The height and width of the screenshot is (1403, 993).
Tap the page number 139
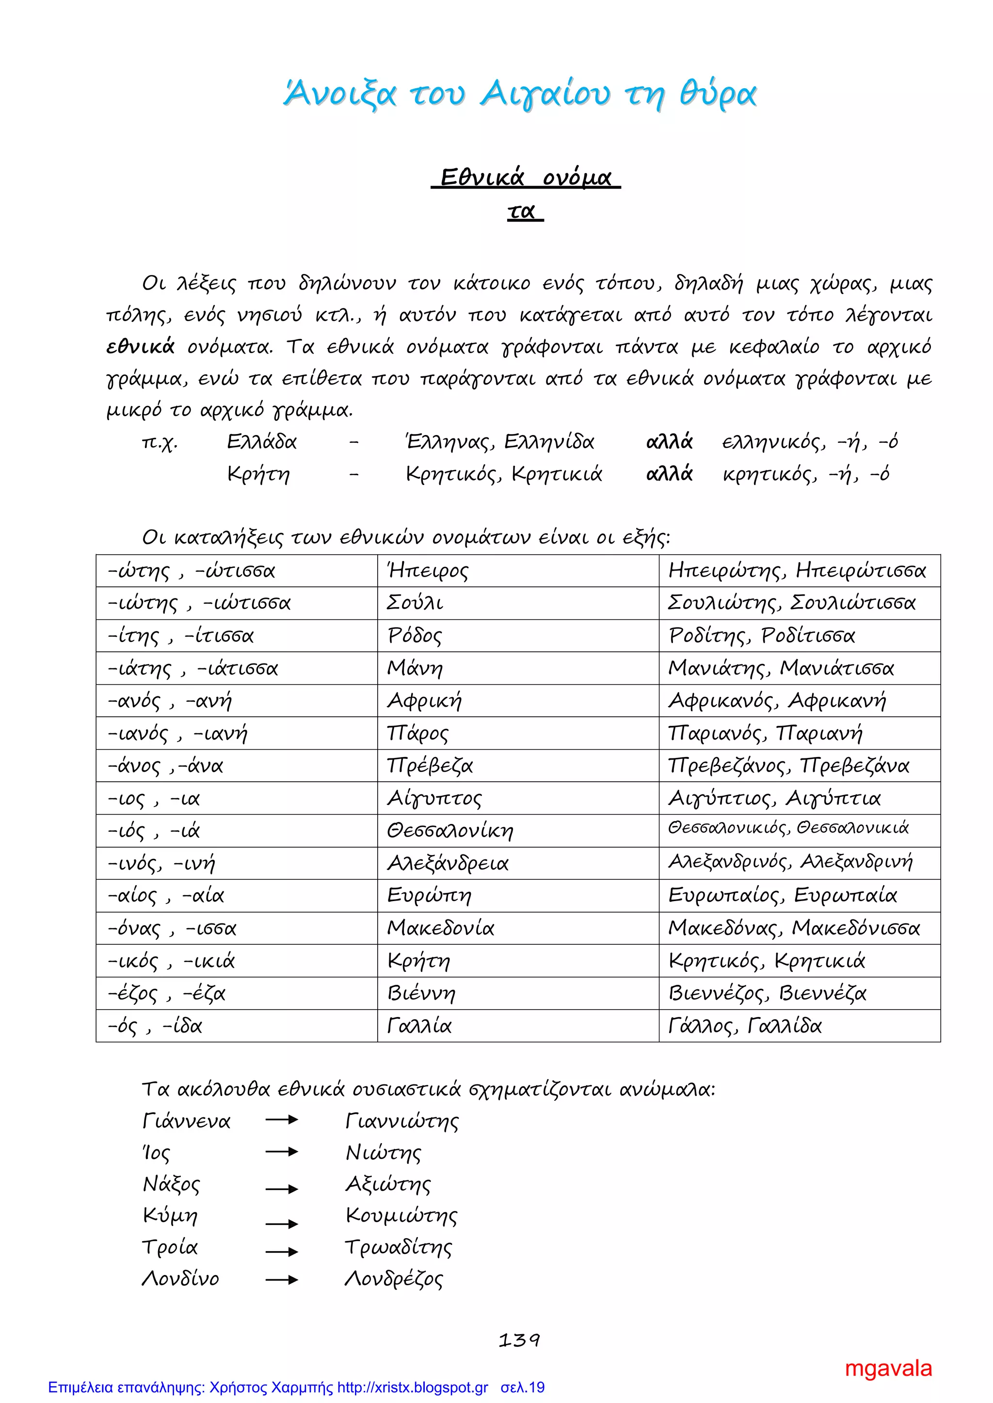(x=519, y=1340)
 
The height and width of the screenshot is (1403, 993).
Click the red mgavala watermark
(x=888, y=1368)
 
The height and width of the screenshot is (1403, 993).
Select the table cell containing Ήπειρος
(x=517, y=571)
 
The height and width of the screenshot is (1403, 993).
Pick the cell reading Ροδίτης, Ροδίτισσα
(x=799, y=635)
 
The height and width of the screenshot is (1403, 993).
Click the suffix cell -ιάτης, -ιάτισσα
(x=236, y=668)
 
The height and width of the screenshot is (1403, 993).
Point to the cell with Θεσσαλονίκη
(x=517, y=830)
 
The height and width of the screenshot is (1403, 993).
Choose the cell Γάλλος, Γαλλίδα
(x=799, y=1025)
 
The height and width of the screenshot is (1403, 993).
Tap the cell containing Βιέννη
(x=517, y=993)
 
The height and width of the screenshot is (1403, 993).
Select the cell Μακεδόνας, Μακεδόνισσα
(x=799, y=928)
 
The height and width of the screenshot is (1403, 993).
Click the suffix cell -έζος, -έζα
(x=236, y=993)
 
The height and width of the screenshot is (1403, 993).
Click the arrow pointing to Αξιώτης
(x=281, y=1188)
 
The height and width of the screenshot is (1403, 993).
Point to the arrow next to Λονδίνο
(x=281, y=1279)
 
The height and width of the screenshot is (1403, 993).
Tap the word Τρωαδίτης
(x=399, y=1247)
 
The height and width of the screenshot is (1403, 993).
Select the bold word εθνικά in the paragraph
(x=140, y=347)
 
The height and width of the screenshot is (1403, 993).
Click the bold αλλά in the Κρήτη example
(x=669, y=473)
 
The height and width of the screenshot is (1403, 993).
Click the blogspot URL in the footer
(x=413, y=1387)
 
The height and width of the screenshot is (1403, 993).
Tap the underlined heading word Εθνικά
(x=482, y=177)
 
